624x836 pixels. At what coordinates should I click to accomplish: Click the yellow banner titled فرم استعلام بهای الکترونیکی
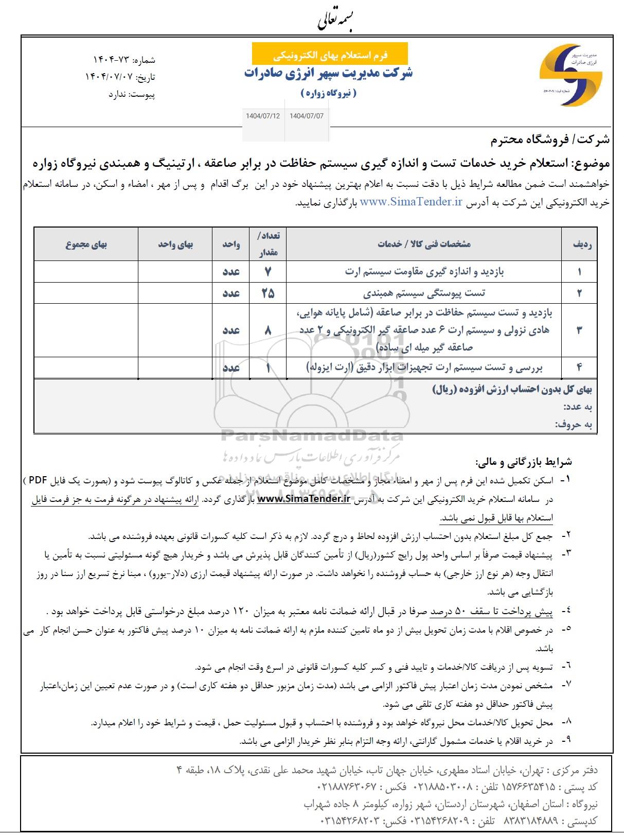point(330,54)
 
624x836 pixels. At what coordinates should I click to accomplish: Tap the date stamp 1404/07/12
point(263,116)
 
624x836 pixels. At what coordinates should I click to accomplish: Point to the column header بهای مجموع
point(86,245)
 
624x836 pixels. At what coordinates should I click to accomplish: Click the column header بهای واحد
point(175,245)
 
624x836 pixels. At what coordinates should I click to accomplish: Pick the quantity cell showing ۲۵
point(268,293)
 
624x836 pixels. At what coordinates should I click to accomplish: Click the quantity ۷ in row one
point(268,271)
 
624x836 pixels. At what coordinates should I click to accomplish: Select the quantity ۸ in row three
point(268,330)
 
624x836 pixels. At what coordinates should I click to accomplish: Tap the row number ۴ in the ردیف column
point(579,368)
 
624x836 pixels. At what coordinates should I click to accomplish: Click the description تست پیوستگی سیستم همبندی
point(424,293)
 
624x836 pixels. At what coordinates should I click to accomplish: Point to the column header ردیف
point(582,245)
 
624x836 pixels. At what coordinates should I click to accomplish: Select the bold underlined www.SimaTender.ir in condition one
point(304,498)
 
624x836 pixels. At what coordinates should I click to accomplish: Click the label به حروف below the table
point(574,425)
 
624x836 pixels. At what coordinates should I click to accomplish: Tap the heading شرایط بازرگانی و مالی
point(524,462)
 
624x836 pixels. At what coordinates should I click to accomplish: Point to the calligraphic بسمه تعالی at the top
point(334,20)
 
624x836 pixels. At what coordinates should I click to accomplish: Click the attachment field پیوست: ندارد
point(132,95)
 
